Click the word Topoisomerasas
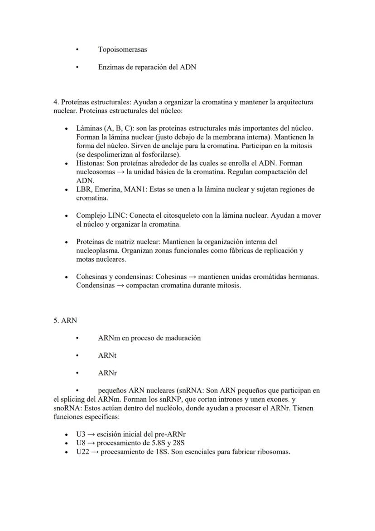coord(122,49)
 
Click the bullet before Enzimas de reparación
coord(77,67)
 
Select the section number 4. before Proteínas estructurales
coord(56,102)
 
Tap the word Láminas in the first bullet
coord(89,128)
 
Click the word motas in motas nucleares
coord(86,259)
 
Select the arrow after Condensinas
coord(120,286)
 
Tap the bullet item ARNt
coord(107,356)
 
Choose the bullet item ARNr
coord(107,374)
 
